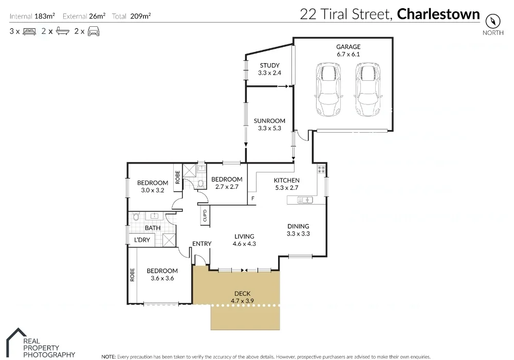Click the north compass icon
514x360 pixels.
(492, 21)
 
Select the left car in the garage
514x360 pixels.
(328, 89)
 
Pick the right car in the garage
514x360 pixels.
(366, 89)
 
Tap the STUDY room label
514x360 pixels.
(269, 65)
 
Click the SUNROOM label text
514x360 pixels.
(269, 121)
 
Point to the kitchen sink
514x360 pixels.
(307, 200)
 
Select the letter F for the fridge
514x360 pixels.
(252, 199)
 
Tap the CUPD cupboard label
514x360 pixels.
(205, 215)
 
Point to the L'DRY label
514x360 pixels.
(142, 240)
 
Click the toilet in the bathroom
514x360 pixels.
(136, 217)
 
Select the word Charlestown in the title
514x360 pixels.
(438, 14)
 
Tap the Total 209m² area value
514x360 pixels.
(139, 16)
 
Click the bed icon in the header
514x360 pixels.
(29, 31)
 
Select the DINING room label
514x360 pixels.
(298, 226)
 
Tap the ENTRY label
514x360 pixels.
(201, 244)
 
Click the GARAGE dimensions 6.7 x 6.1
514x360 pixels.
(348, 54)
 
